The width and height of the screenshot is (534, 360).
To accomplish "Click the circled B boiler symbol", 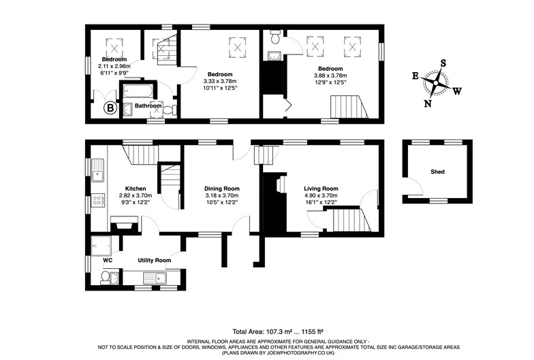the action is coord(110,109).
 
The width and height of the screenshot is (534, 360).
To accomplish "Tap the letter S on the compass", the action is coord(443,63).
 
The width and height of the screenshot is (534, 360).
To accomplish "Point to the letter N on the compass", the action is coord(428,103).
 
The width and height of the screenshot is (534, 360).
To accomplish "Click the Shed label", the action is coord(437,171).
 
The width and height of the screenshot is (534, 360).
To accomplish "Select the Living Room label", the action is coord(321,189).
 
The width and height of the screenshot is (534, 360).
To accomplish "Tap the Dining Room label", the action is coord(222,189).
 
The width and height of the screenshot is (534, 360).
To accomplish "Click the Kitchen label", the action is coord(136,189).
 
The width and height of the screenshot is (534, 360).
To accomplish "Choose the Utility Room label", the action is coord(154,260).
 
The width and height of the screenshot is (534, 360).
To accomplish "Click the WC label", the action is coord(108,260).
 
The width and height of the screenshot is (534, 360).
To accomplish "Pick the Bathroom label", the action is coord(148,106).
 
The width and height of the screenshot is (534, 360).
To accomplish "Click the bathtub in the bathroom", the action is coord(138,91).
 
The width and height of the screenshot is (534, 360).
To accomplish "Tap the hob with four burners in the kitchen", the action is coord(98,199).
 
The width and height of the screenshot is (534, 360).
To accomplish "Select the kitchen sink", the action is coord(98,170).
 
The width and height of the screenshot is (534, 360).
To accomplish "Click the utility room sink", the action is coord(155,278).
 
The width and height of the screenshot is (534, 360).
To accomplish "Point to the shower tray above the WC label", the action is coord(101,246).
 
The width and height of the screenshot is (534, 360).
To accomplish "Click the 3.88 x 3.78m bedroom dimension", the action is coord(330,76).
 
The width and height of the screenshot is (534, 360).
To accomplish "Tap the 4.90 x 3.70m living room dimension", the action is coord(321,196).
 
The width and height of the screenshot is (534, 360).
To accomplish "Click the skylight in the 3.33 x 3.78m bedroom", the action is coord(237,45).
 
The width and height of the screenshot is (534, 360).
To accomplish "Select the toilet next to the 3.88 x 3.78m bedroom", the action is coord(275,37).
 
